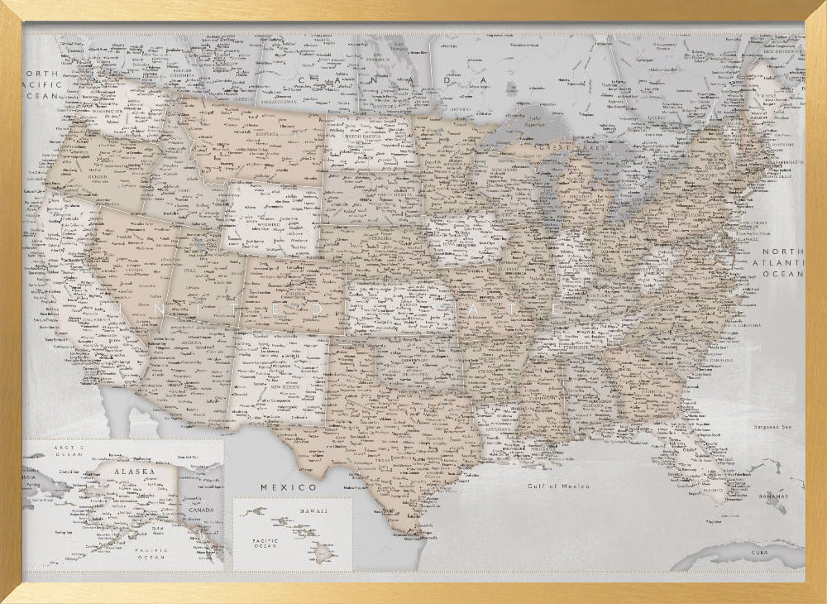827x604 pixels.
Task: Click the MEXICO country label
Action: pyautogui.click(x=289, y=487)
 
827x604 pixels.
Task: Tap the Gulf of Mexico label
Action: pyautogui.click(x=559, y=487)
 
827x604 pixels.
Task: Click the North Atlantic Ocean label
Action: pyautogui.click(x=782, y=262)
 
